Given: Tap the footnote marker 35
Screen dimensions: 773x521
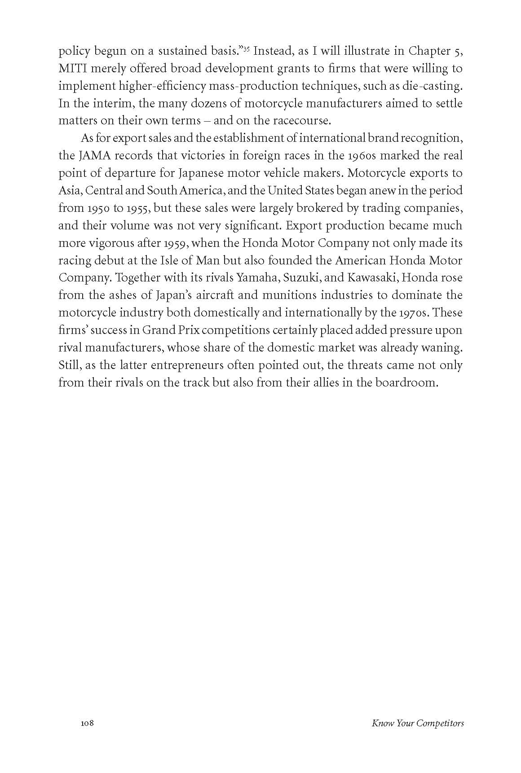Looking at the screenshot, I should coord(247,48).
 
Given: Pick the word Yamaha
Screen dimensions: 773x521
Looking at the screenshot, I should coord(257,278).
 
